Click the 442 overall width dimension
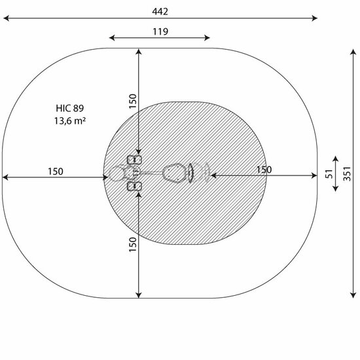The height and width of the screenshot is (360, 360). pyautogui.click(x=160, y=12)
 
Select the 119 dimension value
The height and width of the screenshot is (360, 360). pyautogui.click(x=160, y=31)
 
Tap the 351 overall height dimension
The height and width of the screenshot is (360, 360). pyautogui.click(x=347, y=174)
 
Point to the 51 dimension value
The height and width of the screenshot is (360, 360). pyautogui.click(x=329, y=174)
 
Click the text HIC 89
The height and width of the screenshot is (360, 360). pyautogui.click(x=70, y=108)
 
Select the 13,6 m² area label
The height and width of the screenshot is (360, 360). pyautogui.click(x=70, y=121)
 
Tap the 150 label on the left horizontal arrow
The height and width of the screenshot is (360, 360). pyautogui.click(x=56, y=171)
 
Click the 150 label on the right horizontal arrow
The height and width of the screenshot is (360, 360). pyautogui.click(x=264, y=170)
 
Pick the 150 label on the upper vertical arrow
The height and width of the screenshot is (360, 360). pyautogui.click(x=133, y=101)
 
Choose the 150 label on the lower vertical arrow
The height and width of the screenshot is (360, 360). pyautogui.click(x=133, y=245)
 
